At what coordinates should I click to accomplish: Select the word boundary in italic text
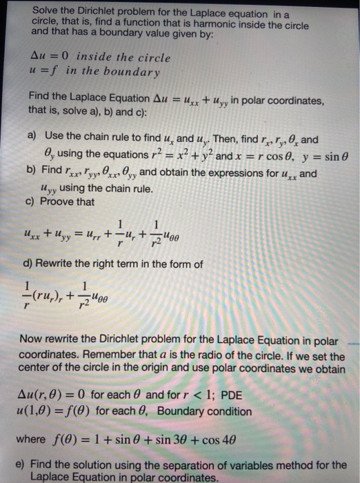pyautogui.click(x=137, y=72)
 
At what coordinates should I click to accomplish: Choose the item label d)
pyautogui.click(x=32, y=265)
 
